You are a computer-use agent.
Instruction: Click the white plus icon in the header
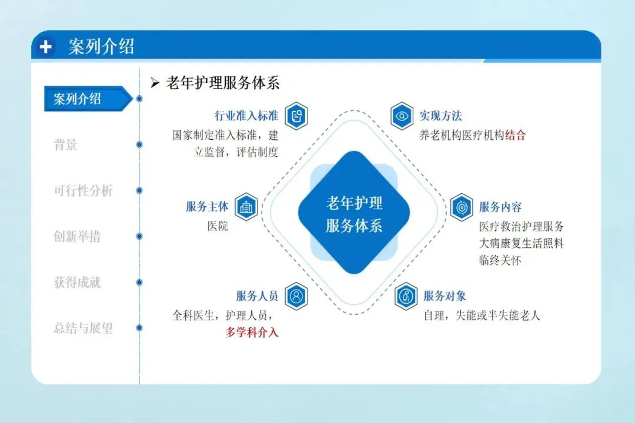46,47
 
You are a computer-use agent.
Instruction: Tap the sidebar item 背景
66,145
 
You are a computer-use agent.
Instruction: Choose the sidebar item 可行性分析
83,190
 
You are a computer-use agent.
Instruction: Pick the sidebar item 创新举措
77,236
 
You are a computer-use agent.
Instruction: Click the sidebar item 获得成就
77,282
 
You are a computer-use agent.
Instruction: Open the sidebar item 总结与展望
83,328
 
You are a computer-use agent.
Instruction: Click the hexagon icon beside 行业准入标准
296,116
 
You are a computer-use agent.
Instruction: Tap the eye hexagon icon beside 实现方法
402,116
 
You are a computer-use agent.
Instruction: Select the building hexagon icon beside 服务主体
246,207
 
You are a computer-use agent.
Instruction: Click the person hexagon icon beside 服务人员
296,296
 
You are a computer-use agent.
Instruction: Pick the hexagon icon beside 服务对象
406,296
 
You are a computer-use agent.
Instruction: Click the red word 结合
515,135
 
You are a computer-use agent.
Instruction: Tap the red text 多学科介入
252,333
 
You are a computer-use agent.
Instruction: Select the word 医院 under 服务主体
218,226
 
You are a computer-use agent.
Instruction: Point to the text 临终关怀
500,260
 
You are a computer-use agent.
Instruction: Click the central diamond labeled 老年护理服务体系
353,213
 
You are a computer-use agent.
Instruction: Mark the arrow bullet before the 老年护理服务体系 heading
155,83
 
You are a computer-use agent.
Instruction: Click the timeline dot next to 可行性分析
139,190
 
